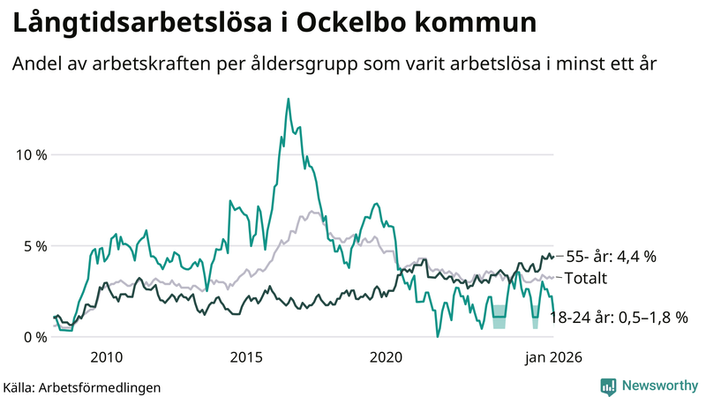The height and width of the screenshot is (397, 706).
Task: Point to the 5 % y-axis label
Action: (x=34, y=245)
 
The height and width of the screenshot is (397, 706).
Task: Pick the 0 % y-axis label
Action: (x=34, y=336)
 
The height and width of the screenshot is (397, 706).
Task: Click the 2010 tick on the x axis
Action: (x=105, y=357)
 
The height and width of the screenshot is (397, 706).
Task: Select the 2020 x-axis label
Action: (x=386, y=357)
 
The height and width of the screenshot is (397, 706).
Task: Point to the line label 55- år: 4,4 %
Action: (x=611, y=257)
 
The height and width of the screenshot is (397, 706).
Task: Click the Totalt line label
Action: (x=587, y=278)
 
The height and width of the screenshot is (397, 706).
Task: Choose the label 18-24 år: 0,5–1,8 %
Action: (x=618, y=318)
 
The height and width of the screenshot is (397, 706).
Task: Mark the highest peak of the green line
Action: (x=288, y=100)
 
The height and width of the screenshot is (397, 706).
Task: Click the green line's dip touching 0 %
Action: (x=437, y=336)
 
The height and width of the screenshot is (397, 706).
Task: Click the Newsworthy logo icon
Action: (x=608, y=386)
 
